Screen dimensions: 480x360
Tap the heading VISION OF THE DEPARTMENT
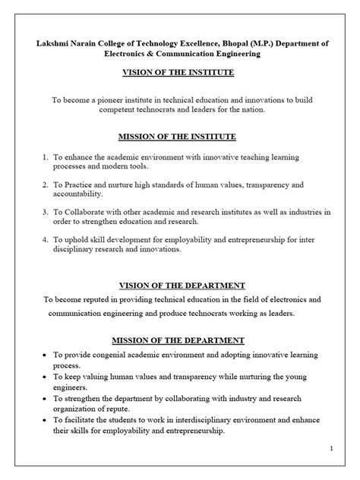pos(179,286)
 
